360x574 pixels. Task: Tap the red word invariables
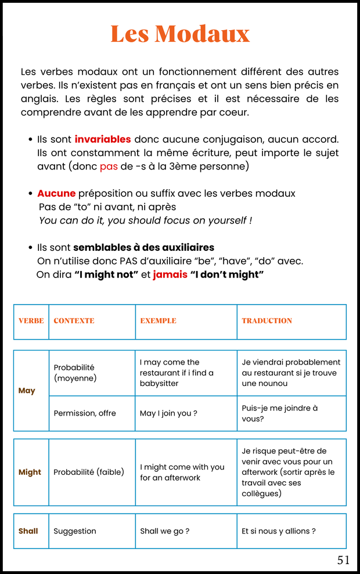coord(103,139)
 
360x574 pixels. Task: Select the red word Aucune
coord(56,193)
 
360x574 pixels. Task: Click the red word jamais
coord(170,275)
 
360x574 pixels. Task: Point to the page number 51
coord(344,560)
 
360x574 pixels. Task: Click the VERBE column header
coord(31,321)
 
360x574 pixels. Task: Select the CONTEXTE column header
coord(74,321)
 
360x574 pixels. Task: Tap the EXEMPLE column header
coord(158,321)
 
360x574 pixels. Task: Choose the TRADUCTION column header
coord(267,321)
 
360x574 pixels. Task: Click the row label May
coord(27,391)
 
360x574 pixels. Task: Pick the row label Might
coord(30,472)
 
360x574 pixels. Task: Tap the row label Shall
coord(28,531)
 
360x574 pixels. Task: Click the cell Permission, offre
coord(85,413)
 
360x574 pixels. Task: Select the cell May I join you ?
coord(168,413)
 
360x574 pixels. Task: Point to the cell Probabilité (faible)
coord(89,472)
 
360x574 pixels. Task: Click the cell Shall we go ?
coord(165,531)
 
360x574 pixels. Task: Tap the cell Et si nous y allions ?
coord(279,531)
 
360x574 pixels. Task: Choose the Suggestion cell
coord(75,531)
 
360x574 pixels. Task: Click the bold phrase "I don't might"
coord(227,275)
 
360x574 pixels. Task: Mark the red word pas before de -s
coord(109,167)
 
